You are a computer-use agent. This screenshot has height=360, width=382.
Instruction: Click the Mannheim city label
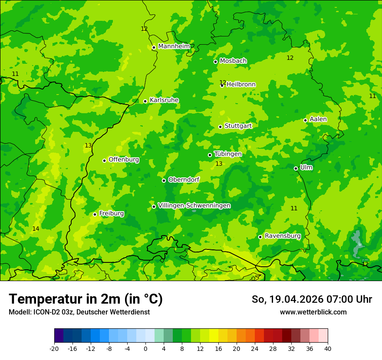[174, 46]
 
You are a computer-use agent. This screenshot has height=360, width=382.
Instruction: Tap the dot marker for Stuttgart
[220, 127]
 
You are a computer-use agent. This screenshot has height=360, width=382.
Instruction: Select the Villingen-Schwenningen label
[194, 206]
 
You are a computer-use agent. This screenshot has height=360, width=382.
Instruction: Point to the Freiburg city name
[111, 213]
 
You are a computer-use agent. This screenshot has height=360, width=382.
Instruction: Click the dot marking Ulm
[296, 168]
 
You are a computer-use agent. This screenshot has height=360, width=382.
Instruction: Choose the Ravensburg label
[282, 236]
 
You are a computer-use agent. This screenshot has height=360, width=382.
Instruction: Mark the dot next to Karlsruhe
[145, 101]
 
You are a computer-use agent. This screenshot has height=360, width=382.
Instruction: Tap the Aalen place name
[318, 119]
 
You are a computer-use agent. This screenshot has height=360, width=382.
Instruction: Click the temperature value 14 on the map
[36, 229]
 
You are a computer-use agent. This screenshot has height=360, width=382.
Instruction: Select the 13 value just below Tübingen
[219, 164]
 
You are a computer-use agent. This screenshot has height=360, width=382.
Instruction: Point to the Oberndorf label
[184, 180]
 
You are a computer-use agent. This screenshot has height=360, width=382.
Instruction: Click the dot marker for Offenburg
[104, 160]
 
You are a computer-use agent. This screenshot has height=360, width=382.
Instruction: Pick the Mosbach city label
[233, 61]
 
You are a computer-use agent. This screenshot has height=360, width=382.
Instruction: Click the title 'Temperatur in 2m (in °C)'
[86, 299]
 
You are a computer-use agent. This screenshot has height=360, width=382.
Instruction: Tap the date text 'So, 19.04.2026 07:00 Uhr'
[312, 299]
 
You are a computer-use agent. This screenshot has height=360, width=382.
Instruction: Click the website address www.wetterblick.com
[313, 312]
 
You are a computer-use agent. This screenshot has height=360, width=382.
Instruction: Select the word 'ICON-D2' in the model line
[44, 312]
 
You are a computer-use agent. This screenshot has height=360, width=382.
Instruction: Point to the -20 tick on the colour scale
[54, 348]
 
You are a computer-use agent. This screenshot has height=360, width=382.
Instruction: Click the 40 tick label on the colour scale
[327, 348]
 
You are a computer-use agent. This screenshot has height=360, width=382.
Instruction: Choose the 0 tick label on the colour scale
[145, 348]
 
